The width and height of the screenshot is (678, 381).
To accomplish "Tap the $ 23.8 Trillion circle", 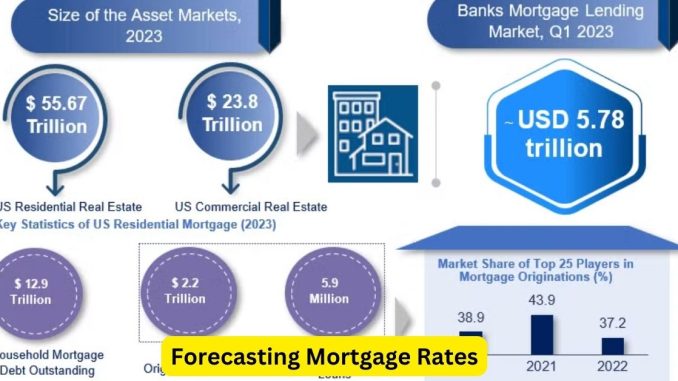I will point(232,113).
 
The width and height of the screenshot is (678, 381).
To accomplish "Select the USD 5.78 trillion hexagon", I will point(564,134).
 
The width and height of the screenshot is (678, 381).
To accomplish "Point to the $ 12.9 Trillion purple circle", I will point(32,291).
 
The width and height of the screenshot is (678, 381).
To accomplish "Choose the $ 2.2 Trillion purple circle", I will point(187,291).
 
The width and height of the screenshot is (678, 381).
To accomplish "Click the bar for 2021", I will point(541,330).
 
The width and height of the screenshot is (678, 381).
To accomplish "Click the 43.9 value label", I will point(541,301).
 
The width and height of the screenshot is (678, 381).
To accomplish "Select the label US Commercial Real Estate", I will point(251,206).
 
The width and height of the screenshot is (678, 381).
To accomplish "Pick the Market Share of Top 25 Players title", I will point(536,271).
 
